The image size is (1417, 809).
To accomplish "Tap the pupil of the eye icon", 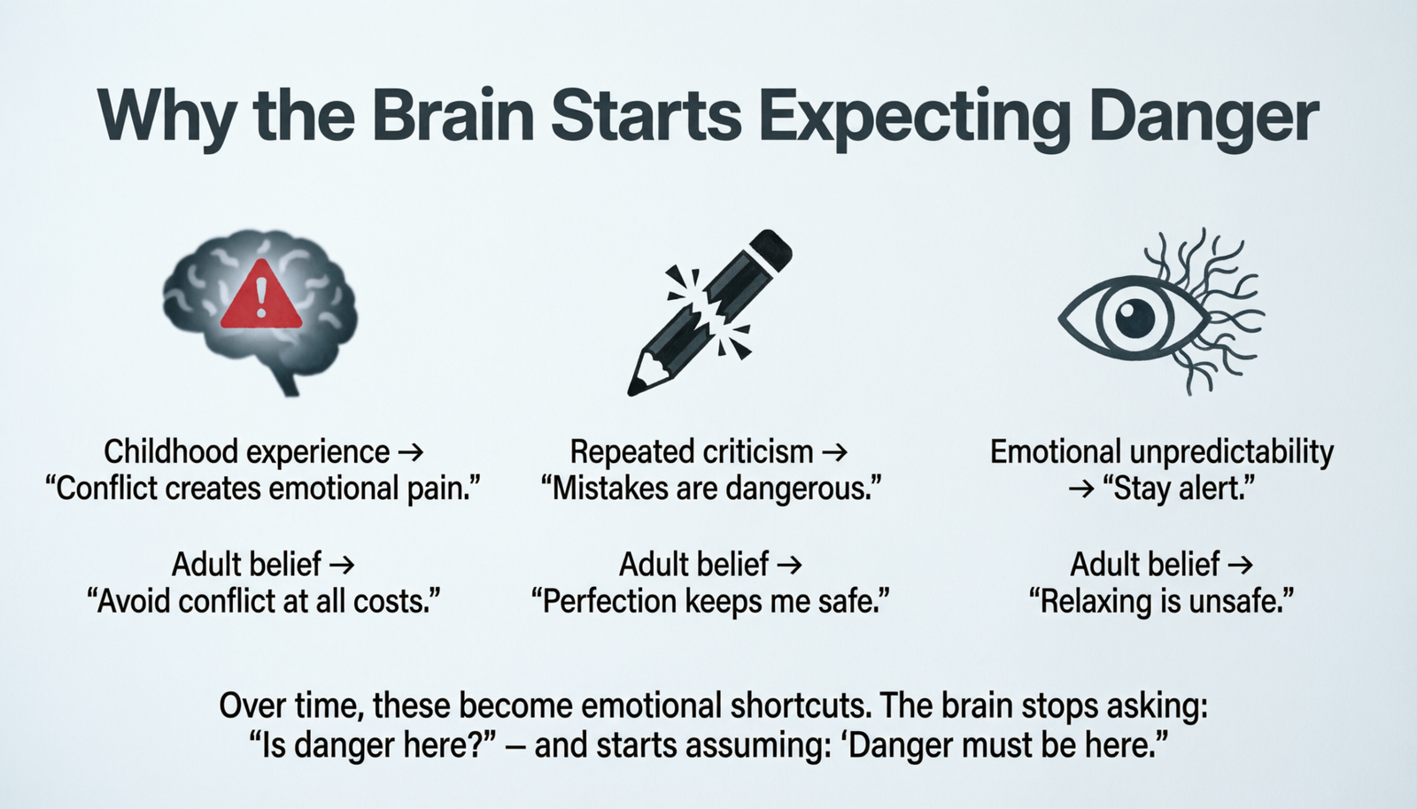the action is pyautogui.click(x=1134, y=317).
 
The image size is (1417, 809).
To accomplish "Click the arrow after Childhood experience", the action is pyautogui.click(x=409, y=452).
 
